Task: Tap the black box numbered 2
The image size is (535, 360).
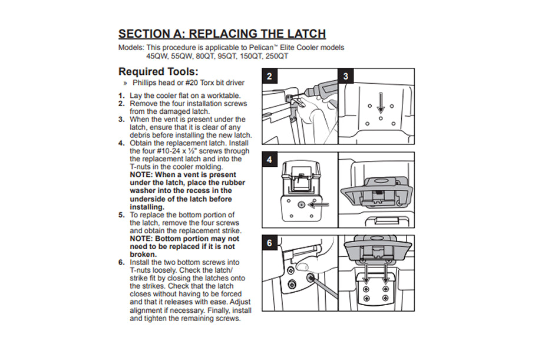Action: [x=269, y=76]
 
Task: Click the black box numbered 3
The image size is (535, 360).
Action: [x=346, y=76]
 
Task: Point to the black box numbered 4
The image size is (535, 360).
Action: [x=269, y=160]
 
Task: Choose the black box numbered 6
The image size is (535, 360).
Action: [x=269, y=242]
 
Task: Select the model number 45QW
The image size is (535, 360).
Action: [x=157, y=57]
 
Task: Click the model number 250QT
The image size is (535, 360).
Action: [x=276, y=57]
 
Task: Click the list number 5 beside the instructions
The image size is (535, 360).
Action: [x=121, y=215]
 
